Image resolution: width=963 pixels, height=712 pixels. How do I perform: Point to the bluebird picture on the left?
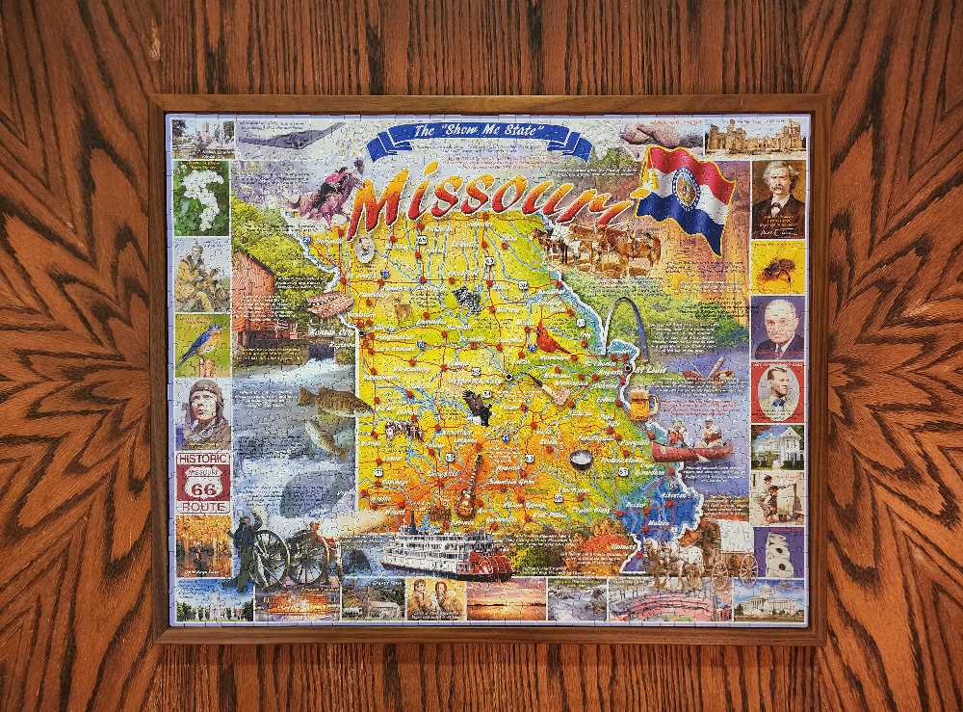click(203, 344)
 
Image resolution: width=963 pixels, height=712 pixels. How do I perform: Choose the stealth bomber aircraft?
click(289, 137)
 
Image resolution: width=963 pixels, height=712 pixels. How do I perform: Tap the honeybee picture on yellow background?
click(776, 267)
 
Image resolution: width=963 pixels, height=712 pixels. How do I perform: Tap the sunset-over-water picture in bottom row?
click(506, 598)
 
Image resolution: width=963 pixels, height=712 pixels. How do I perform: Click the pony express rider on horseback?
click(327, 193)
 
